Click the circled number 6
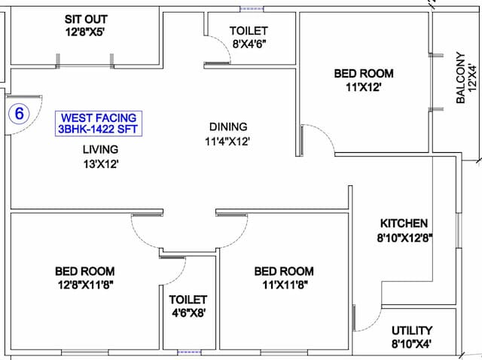19,114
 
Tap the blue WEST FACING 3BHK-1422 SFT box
99,124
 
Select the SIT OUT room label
86,19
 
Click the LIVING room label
100,149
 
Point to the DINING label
228,127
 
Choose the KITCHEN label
404,223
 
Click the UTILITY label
412,331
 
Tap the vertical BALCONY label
460,78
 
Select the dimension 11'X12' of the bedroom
364,87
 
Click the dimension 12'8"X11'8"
86,285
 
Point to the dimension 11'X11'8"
285,285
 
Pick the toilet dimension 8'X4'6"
249,44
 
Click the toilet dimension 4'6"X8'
188,313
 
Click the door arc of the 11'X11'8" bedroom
241,235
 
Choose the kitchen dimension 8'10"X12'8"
404,238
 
